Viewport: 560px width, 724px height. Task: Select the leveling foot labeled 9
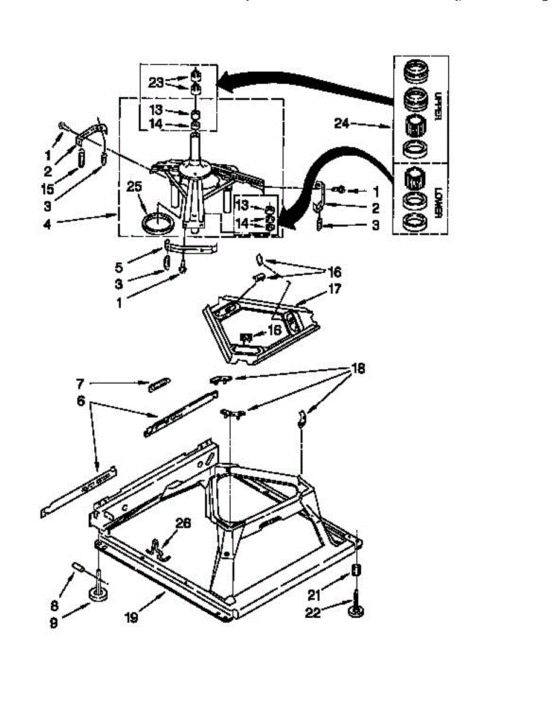click(x=97, y=595)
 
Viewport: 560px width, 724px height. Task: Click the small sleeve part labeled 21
click(x=356, y=571)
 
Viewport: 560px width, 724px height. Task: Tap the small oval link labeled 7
click(x=159, y=385)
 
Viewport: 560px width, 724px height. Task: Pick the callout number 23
click(x=156, y=83)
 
